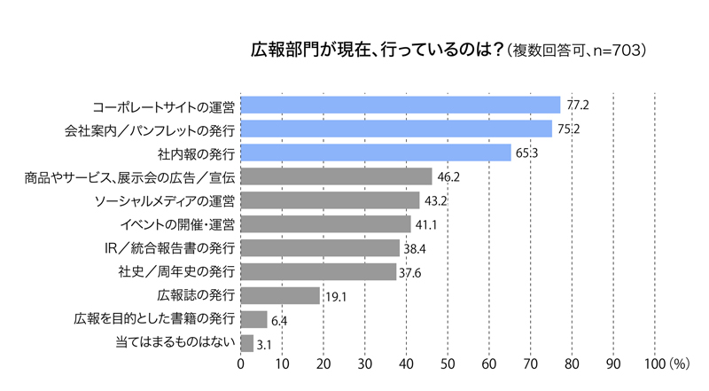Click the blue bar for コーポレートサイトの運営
(400, 106)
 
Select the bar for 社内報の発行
(376, 153)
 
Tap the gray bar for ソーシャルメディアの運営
(330, 200)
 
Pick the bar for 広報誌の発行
(280, 295)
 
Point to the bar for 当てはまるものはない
(246, 343)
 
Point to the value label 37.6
(409, 272)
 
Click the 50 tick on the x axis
(448, 364)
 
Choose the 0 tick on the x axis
(240, 364)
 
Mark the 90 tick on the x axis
(613, 364)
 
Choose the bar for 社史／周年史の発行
(318, 272)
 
